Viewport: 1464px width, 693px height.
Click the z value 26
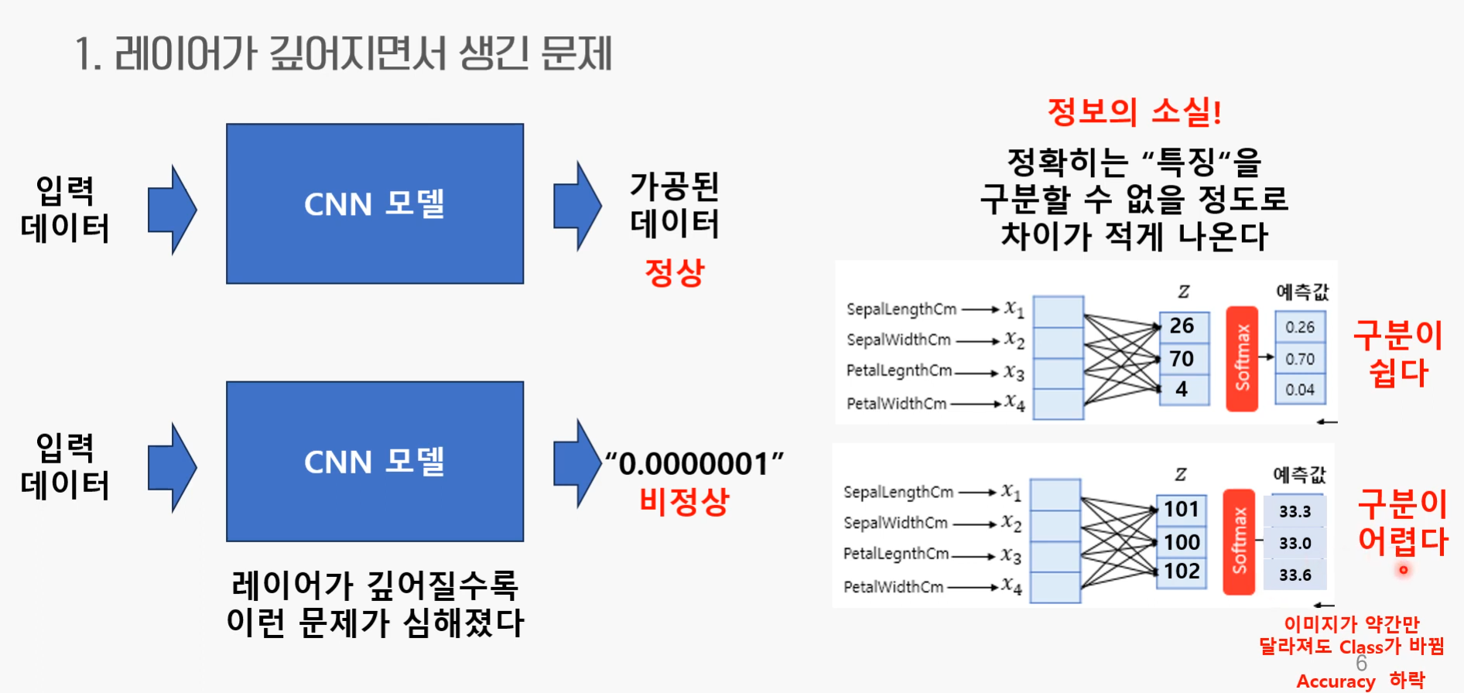(1182, 326)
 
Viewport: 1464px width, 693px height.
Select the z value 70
(1182, 359)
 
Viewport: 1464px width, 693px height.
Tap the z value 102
(1182, 572)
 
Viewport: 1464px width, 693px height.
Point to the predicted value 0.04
(1300, 390)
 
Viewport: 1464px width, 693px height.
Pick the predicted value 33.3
(1295, 511)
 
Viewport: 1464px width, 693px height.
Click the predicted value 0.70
(1300, 359)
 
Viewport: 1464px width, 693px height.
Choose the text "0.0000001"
(694, 464)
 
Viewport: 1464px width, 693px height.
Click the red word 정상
(675, 272)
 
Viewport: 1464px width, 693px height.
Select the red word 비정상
(685, 501)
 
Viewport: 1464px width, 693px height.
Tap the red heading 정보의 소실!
(1134, 112)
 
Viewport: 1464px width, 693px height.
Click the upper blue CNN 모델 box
(375, 204)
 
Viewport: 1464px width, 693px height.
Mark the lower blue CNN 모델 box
(375, 462)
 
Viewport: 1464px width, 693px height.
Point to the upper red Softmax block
(1242, 358)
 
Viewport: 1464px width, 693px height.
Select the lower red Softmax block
(1239, 541)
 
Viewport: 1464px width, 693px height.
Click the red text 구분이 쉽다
(1398, 353)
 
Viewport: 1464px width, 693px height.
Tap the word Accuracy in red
(1336, 681)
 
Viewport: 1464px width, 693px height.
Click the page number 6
(1361, 664)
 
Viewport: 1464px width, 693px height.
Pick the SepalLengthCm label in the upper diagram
(901, 309)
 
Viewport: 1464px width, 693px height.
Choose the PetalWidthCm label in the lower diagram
(894, 587)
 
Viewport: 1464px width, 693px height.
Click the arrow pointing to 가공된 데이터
(577, 206)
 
